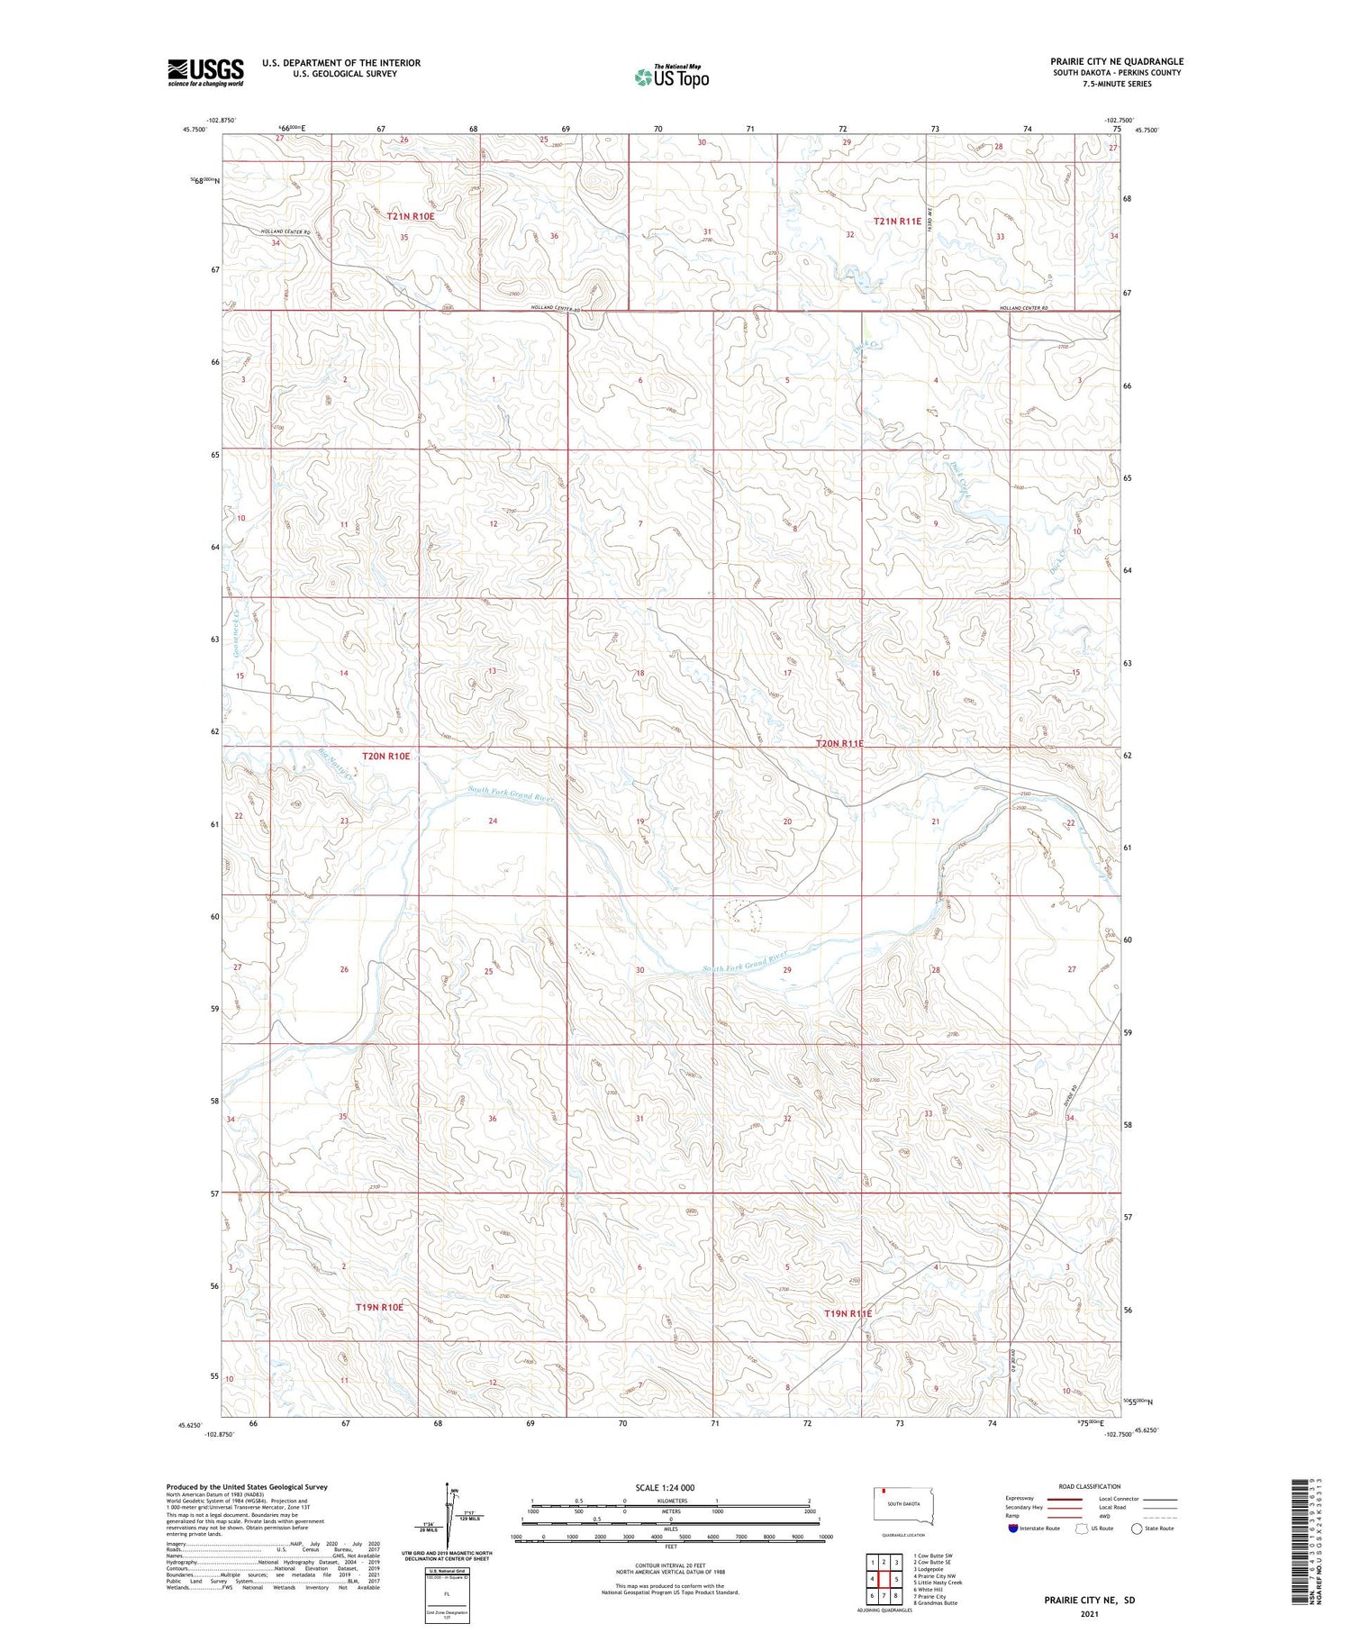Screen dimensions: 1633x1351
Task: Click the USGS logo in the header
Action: coord(205,72)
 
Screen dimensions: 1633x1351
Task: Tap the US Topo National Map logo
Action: coord(671,77)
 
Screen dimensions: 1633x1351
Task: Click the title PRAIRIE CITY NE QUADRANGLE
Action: coord(1116,61)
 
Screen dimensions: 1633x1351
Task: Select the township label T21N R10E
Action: coord(411,216)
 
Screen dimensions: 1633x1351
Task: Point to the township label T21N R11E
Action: coord(897,221)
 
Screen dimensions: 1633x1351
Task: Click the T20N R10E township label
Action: coord(385,756)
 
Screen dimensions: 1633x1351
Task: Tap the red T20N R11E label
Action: coord(839,743)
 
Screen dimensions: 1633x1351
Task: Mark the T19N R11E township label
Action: coord(848,1313)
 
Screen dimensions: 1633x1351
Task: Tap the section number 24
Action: coord(493,821)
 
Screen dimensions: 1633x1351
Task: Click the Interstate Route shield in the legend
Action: coord(1013,1529)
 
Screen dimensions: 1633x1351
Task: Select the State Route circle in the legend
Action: coord(1137,1529)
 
